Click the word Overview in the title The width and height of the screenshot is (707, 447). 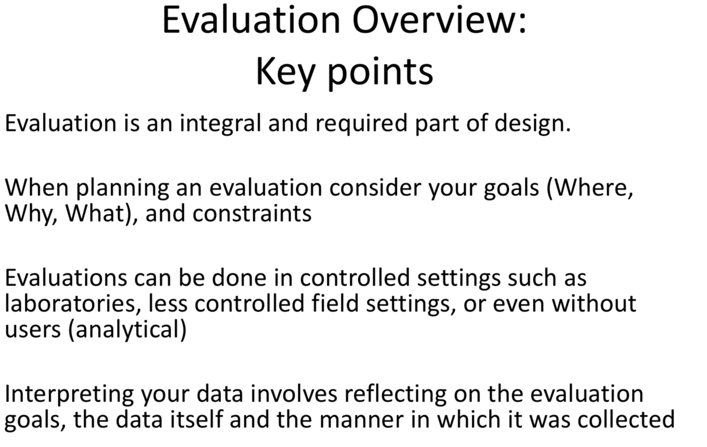(x=439, y=20)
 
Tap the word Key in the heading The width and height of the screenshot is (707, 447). (x=285, y=73)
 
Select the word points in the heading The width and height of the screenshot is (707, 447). (x=381, y=73)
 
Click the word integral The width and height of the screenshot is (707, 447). (x=220, y=124)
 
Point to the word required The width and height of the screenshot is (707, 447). (x=361, y=124)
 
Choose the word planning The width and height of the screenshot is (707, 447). (x=123, y=188)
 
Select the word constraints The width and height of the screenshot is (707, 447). (x=252, y=214)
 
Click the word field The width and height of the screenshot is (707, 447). (x=335, y=303)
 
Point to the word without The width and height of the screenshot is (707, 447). (x=594, y=303)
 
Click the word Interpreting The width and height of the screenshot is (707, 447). (x=69, y=395)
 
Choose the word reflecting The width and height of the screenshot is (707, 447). (x=395, y=395)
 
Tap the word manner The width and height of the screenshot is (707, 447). (x=361, y=420)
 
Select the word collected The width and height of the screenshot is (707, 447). (x=626, y=420)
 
